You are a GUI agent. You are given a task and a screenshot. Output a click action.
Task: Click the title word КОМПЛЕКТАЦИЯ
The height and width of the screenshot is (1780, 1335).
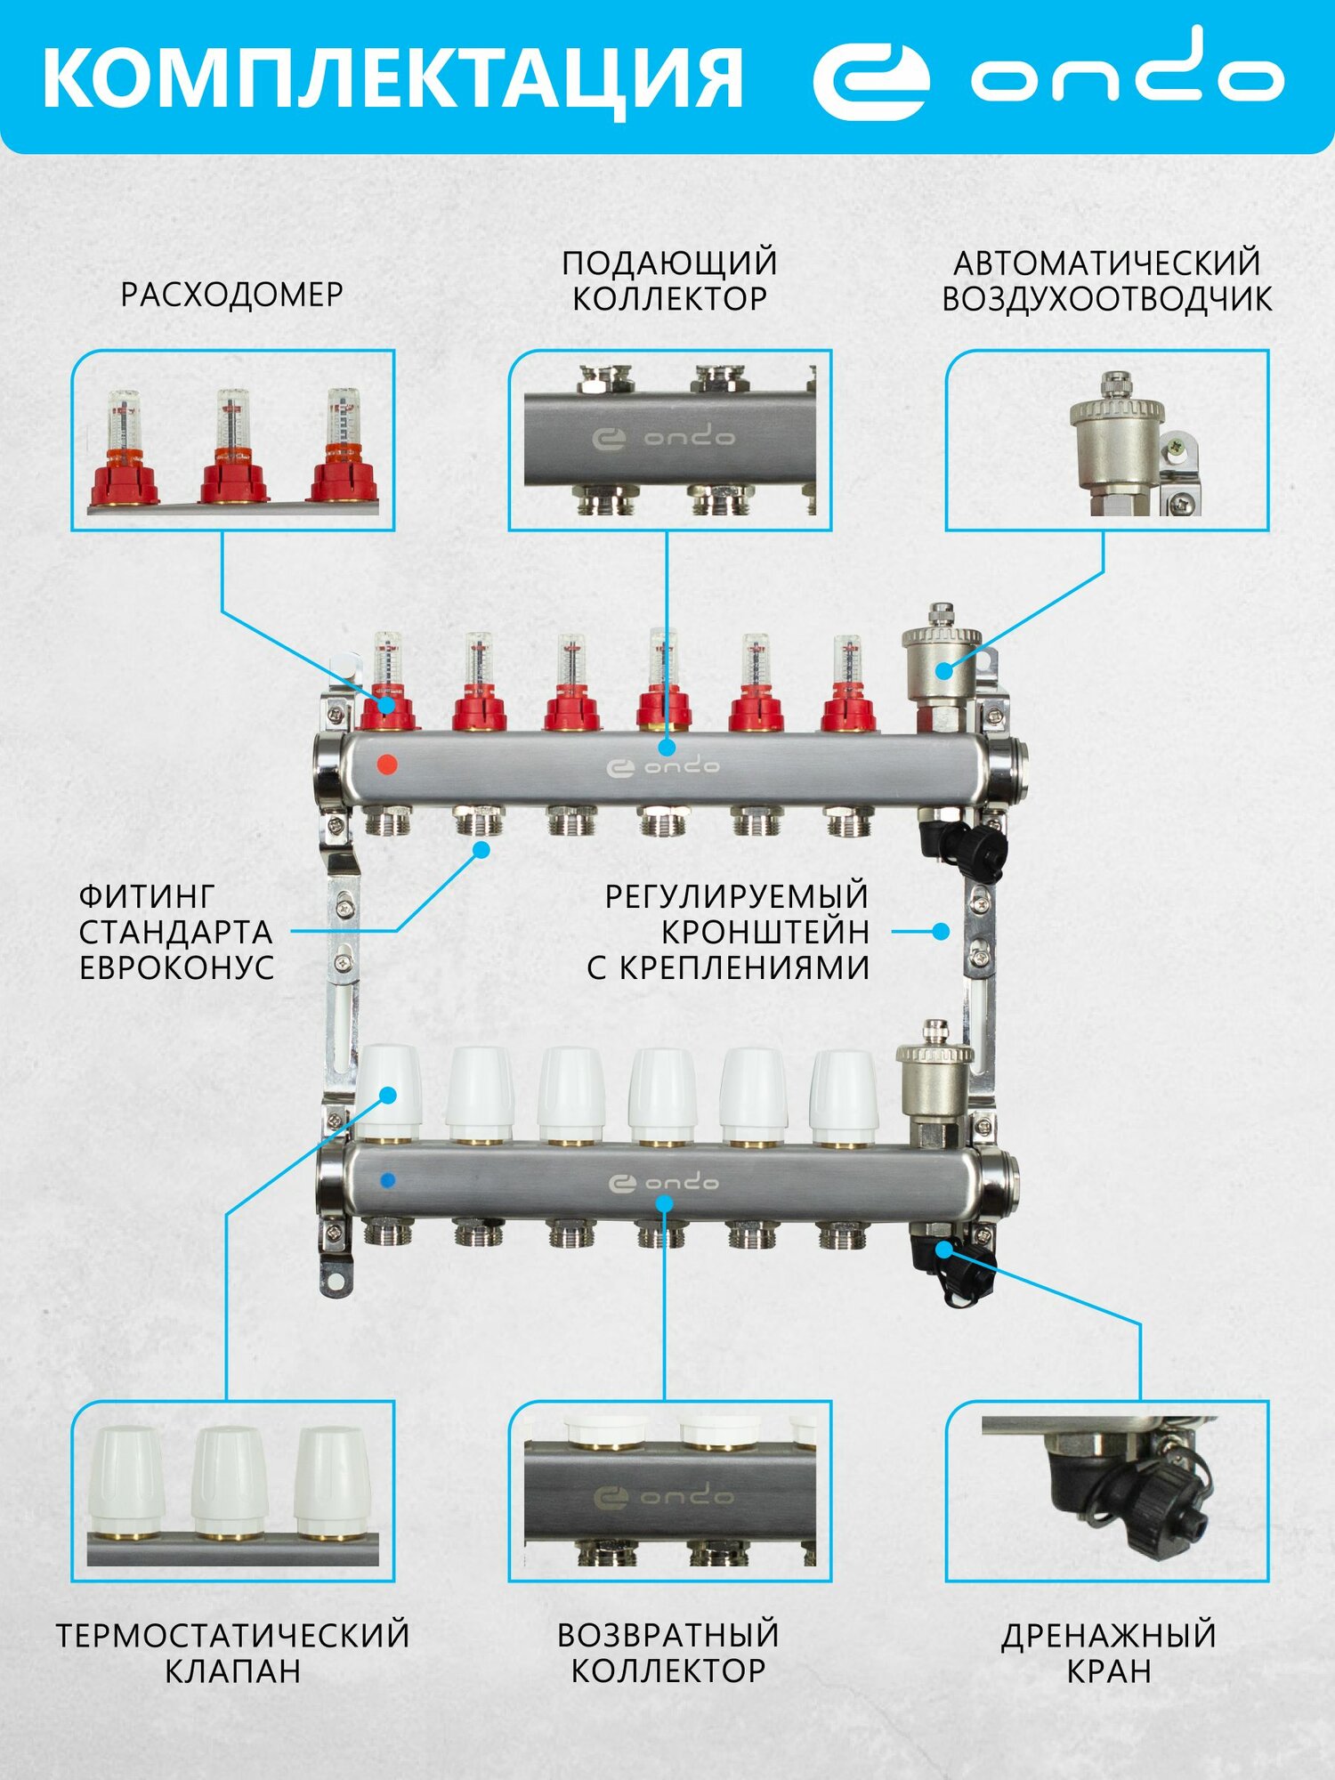[x=392, y=78]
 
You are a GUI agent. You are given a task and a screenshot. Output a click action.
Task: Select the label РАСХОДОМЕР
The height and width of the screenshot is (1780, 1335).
[x=231, y=295]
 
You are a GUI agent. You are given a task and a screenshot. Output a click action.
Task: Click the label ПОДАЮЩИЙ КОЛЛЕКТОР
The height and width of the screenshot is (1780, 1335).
[x=669, y=280]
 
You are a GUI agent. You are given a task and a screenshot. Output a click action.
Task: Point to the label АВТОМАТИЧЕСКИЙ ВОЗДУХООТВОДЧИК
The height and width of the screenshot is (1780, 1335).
[x=1106, y=280]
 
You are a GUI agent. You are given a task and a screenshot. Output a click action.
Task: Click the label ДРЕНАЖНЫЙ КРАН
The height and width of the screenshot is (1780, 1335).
[x=1108, y=1653]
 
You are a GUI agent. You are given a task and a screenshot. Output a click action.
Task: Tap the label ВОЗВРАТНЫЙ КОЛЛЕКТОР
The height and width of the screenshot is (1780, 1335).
[x=668, y=1653]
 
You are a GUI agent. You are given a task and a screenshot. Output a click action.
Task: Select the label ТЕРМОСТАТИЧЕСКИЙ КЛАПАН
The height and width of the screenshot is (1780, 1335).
[x=232, y=1653]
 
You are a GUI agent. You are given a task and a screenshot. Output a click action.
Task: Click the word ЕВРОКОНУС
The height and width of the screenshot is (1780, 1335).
[x=176, y=967]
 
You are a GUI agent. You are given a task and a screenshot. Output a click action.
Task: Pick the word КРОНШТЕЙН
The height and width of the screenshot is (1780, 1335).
[x=765, y=932]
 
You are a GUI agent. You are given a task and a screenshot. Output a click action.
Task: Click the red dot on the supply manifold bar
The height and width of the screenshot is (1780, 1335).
[x=387, y=764]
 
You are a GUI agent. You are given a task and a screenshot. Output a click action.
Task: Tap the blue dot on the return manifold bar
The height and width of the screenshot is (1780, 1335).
[x=387, y=1181]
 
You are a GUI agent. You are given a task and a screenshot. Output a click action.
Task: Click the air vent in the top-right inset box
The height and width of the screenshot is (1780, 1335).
[x=1116, y=441]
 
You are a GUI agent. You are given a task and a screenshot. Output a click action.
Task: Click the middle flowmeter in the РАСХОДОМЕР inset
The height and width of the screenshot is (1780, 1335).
[x=233, y=445]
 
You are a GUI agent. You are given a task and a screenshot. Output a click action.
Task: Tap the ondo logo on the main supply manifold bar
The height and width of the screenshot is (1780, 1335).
[x=663, y=766]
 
